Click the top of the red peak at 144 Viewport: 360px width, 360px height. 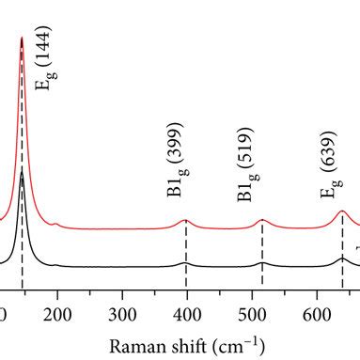[22, 39]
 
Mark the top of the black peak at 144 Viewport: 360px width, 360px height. [22, 173]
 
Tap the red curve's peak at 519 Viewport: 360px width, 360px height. [262, 220]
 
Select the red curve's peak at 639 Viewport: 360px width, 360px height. [341, 211]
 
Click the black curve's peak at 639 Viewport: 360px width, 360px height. [341, 257]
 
